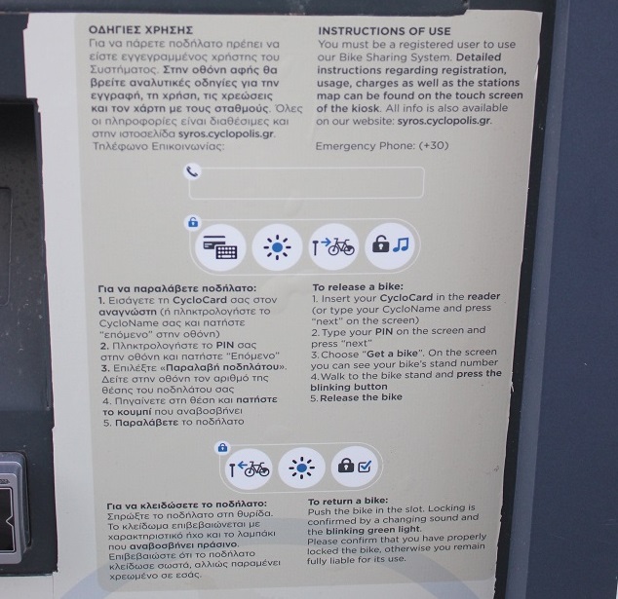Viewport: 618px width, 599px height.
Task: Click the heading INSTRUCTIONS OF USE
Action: (x=384, y=31)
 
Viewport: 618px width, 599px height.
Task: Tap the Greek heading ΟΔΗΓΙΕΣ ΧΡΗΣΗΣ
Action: (x=140, y=30)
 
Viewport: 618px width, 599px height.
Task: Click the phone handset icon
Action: (x=192, y=171)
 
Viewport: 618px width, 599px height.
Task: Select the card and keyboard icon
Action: (x=220, y=247)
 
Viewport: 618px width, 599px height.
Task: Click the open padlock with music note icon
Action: (x=390, y=245)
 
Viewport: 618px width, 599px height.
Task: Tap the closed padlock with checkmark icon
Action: (x=354, y=467)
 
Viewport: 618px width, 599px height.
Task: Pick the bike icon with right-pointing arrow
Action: (x=333, y=247)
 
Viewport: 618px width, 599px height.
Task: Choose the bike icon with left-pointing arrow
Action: (x=249, y=468)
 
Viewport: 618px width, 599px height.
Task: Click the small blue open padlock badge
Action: (x=193, y=222)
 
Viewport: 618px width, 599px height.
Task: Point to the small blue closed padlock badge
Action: (x=222, y=448)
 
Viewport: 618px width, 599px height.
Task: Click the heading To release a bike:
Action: (x=358, y=286)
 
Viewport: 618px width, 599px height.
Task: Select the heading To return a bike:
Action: (x=348, y=501)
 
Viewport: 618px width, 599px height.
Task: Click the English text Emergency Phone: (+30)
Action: (x=382, y=146)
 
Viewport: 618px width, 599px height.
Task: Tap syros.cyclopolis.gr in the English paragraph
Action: (x=444, y=121)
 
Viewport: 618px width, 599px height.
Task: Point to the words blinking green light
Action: (x=373, y=530)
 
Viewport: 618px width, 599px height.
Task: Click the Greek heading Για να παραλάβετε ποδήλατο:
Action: (x=177, y=288)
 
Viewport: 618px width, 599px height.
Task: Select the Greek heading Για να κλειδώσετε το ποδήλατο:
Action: (x=186, y=505)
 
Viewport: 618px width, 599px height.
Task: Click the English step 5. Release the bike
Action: (x=356, y=397)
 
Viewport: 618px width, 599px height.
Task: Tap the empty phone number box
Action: (x=306, y=182)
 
